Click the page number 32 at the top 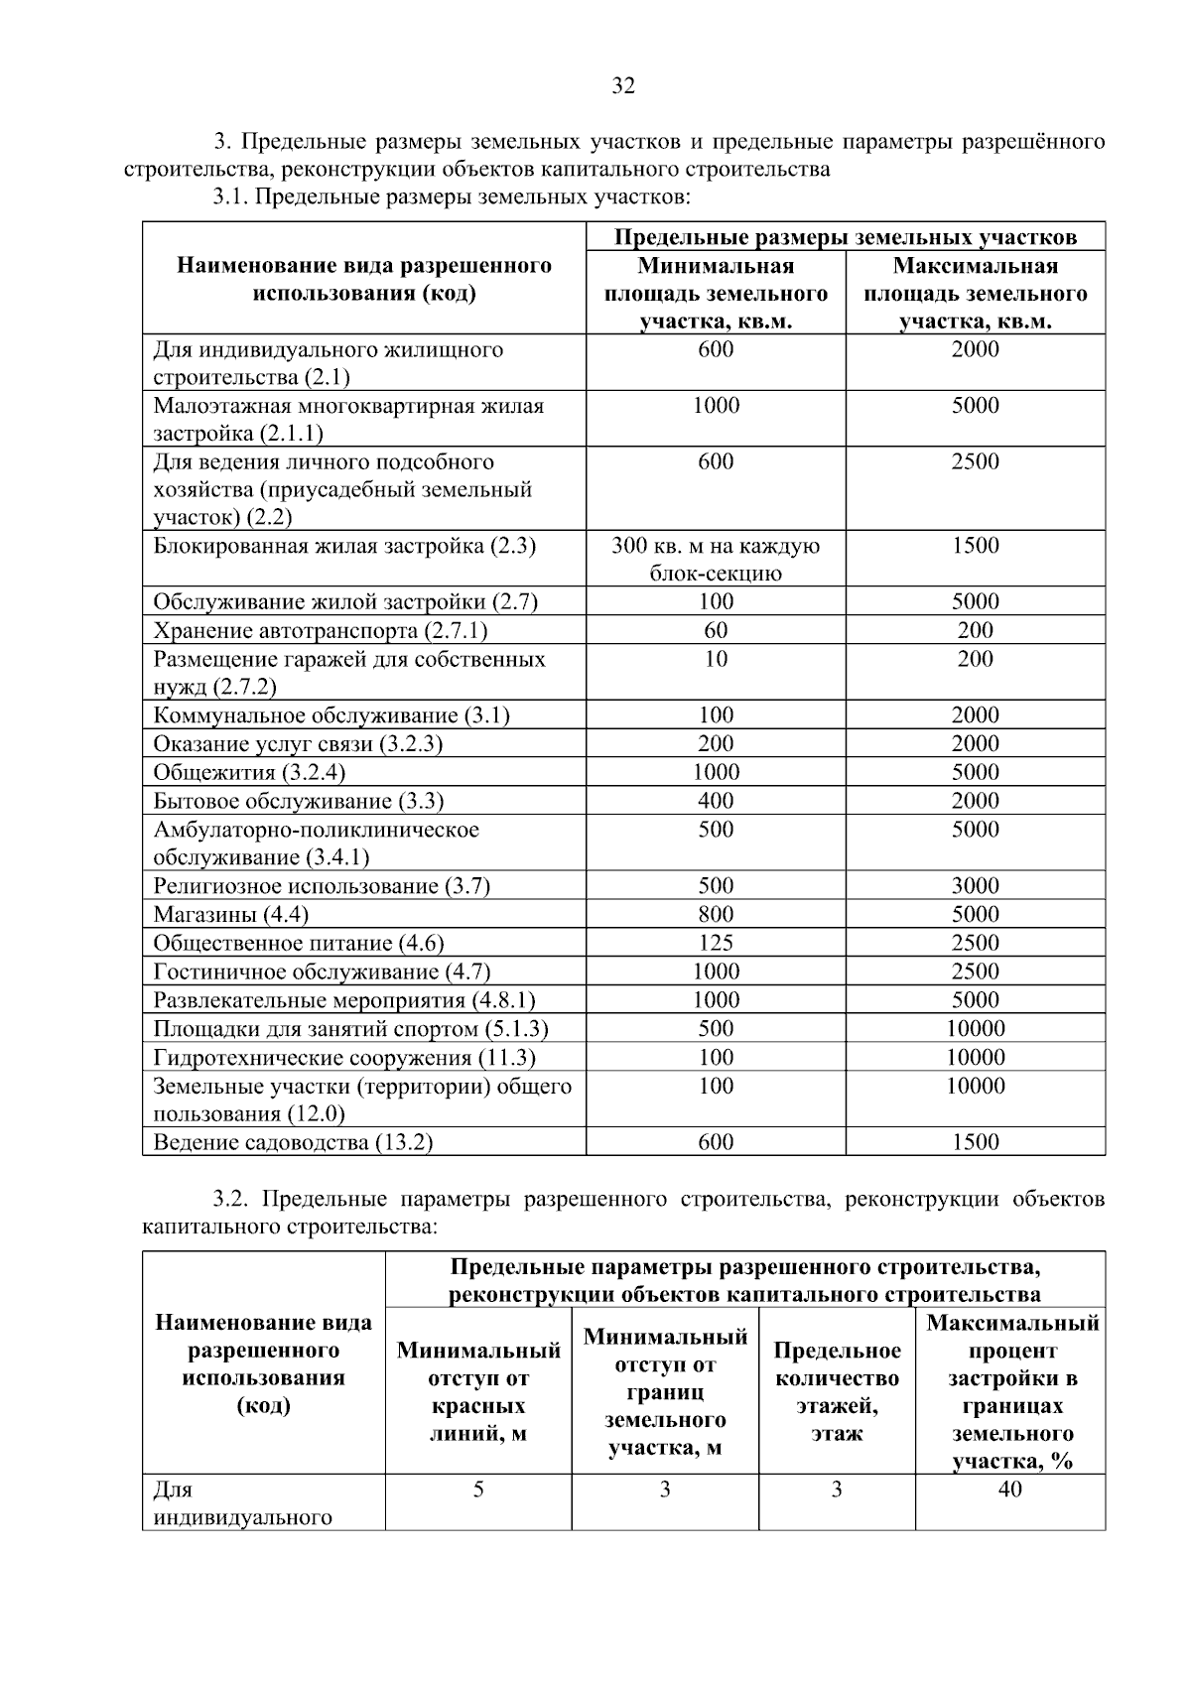[x=622, y=85]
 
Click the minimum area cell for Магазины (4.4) [x=716, y=914]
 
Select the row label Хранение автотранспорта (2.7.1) [x=320, y=631]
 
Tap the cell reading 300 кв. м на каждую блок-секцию [x=716, y=559]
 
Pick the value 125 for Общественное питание [x=716, y=943]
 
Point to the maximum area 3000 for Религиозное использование [x=975, y=885]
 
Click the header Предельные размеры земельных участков [x=845, y=237]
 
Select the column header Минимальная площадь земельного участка [x=716, y=293]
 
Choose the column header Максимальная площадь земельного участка [x=975, y=293]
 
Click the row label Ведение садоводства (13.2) [x=293, y=1142]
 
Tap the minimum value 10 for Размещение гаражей [x=716, y=659]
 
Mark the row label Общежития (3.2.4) [x=249, y=772]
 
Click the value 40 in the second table [x=1009, y=1489]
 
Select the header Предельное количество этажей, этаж [x=837, y=1391]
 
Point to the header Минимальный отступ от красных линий [x=478, y=1391]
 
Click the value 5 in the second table [x=478, y=1489]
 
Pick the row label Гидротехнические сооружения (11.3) [x=344, y=1057]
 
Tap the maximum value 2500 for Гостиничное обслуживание [x=975, y=972]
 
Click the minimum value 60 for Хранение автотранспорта [x=716, y=630]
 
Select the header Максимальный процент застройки [x=1011, y=1391]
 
